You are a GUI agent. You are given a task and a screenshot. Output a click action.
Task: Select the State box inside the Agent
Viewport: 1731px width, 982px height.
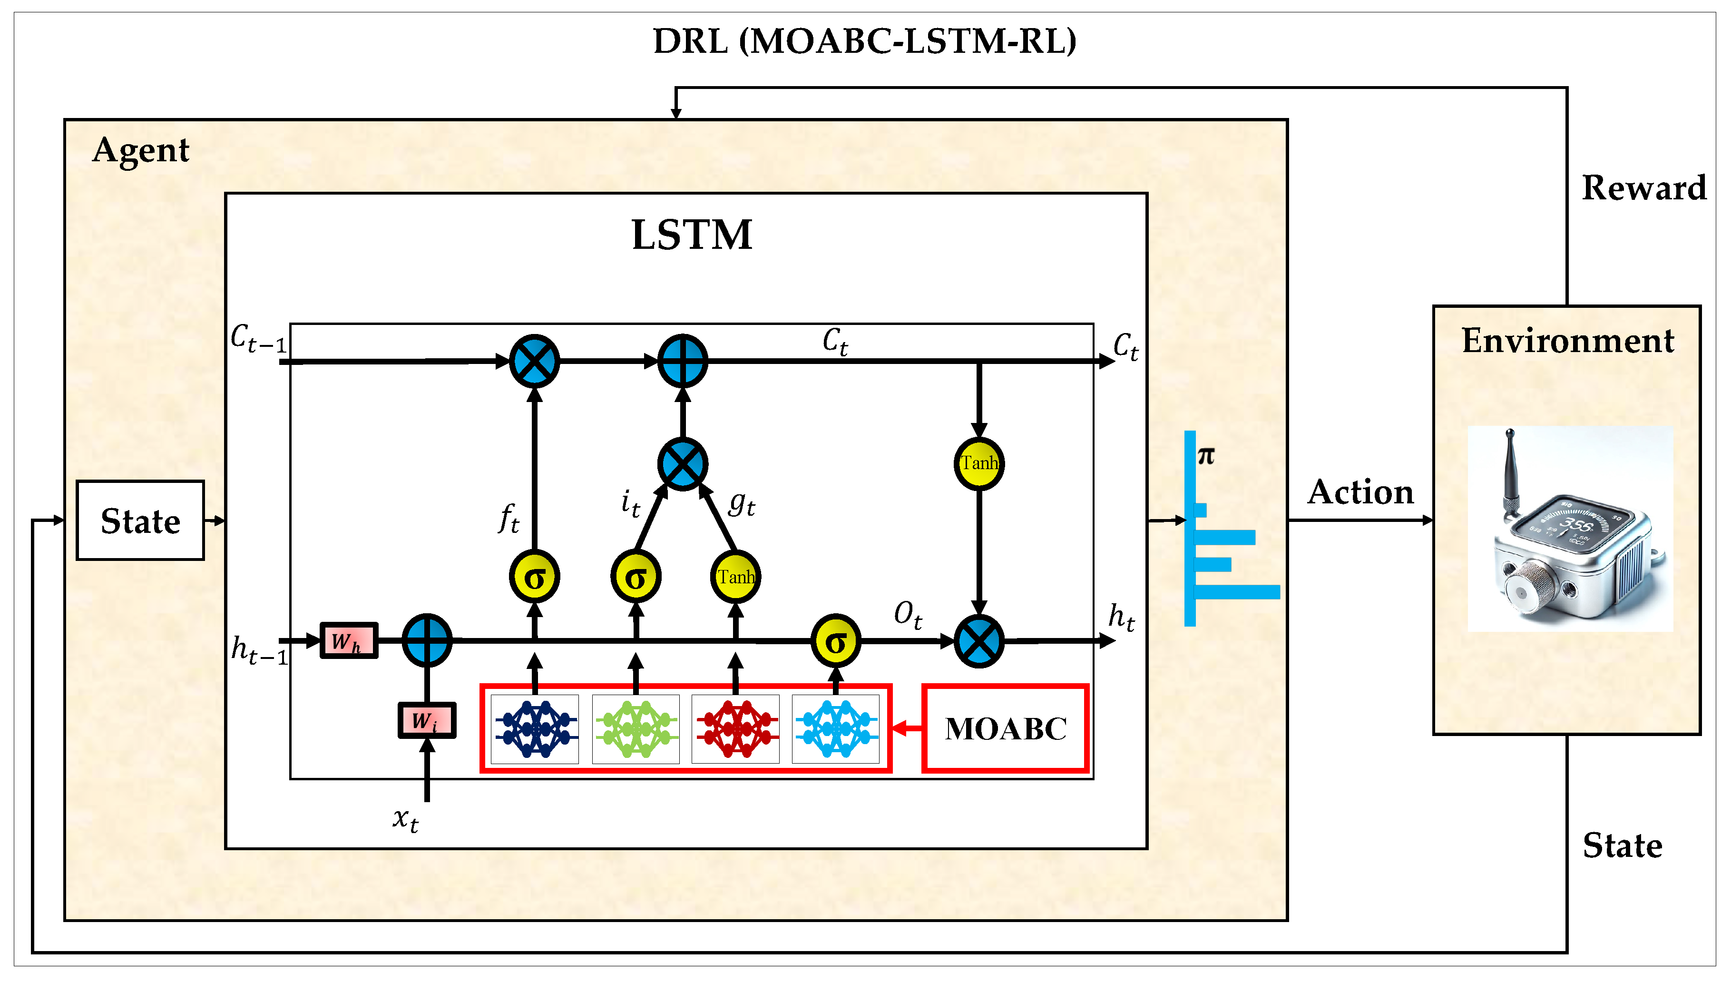click(x=140, y=520)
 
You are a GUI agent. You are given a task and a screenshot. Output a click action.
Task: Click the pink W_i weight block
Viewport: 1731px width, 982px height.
click(x=426, y=720)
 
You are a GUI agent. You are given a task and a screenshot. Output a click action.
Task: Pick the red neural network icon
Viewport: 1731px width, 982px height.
click(x=736, y=729)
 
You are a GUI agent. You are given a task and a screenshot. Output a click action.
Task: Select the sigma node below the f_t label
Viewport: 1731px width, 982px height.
click(x=534, y=577)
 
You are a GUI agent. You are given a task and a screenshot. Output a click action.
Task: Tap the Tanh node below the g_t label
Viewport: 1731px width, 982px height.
click(x=736, y=577)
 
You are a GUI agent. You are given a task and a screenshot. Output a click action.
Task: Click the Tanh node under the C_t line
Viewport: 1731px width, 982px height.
click(x=978, y=463)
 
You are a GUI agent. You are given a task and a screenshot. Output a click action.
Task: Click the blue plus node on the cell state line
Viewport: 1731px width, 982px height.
click(x=683, y=361)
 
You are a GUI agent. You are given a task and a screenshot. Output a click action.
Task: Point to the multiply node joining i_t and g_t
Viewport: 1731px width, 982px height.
click(x=683, y=464)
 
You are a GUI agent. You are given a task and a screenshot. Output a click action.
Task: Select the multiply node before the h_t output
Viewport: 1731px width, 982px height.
click(x=978, y=641)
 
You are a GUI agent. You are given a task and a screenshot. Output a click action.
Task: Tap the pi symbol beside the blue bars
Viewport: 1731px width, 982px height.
click(x=1206, y=456)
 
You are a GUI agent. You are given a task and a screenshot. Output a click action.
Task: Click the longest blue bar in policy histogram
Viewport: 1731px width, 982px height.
click(x=1237, y=592)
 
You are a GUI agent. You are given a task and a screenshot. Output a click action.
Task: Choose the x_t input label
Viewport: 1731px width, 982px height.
click(x=405, y=819)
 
